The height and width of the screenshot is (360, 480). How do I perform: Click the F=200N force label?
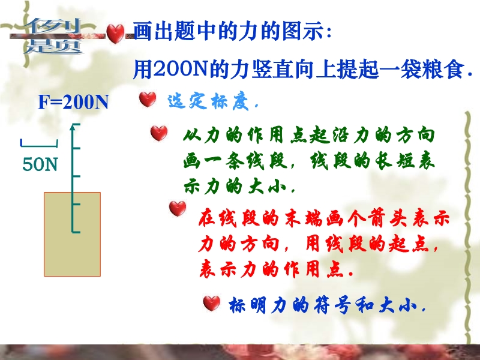click(73, 102)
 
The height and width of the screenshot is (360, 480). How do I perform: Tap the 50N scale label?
click(40, 164)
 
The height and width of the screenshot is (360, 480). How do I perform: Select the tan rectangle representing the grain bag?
click(72, 234)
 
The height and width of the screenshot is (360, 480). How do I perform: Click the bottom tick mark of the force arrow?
click(76, 232)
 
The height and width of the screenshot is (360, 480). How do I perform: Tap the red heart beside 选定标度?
click(148, 99)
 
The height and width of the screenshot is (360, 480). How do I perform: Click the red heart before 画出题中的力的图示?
click(115, 34)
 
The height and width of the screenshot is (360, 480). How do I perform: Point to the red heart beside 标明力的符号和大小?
click(212, 303)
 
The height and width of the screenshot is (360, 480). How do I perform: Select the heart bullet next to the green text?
click(159, 133)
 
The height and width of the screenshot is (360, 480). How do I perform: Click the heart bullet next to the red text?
click(178, 208)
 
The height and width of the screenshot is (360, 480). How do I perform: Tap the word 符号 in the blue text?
click(333, 305)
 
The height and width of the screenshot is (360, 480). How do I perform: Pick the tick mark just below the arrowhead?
click(77, 148)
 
